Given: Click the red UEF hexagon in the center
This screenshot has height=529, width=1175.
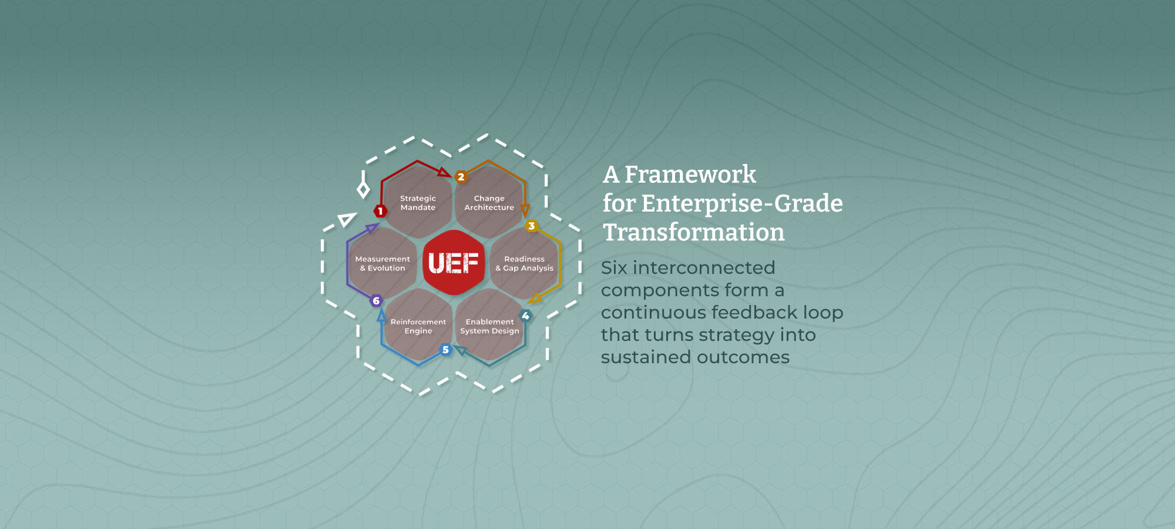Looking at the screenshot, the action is pos(454,263).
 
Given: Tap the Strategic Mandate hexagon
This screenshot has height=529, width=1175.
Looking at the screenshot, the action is pos(418,202).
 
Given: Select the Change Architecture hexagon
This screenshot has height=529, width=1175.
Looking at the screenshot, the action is pos(489,202).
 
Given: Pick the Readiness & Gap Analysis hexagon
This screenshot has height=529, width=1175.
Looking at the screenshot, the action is pos(525,263).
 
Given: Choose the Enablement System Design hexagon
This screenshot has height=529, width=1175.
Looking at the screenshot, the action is pos(489,324).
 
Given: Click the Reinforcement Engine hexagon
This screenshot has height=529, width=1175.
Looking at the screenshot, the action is pos(418,324).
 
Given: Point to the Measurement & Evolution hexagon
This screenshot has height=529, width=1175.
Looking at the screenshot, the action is pos(382,263).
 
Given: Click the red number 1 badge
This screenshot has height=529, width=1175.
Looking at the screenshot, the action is pos(380,211).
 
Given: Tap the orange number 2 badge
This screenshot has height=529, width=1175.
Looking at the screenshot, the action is pos(461,176).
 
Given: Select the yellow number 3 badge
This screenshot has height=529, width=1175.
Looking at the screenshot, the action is pos(532,226).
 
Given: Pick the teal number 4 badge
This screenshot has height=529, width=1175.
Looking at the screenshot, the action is pos(525,316).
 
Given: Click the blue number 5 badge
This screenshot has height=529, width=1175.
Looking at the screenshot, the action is pos(446,350).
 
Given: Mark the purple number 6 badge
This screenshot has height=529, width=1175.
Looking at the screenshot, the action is pos(376,301).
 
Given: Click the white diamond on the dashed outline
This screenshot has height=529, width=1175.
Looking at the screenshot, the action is pos(364,189).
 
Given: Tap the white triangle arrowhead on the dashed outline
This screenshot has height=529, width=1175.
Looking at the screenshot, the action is pos(347,220).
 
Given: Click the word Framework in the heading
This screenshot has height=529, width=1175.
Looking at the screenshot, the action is pos(690,175).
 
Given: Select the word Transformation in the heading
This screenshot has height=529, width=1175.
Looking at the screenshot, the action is pos(693,232).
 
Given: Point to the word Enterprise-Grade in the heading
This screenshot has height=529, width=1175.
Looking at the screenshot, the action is pos(742,204).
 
